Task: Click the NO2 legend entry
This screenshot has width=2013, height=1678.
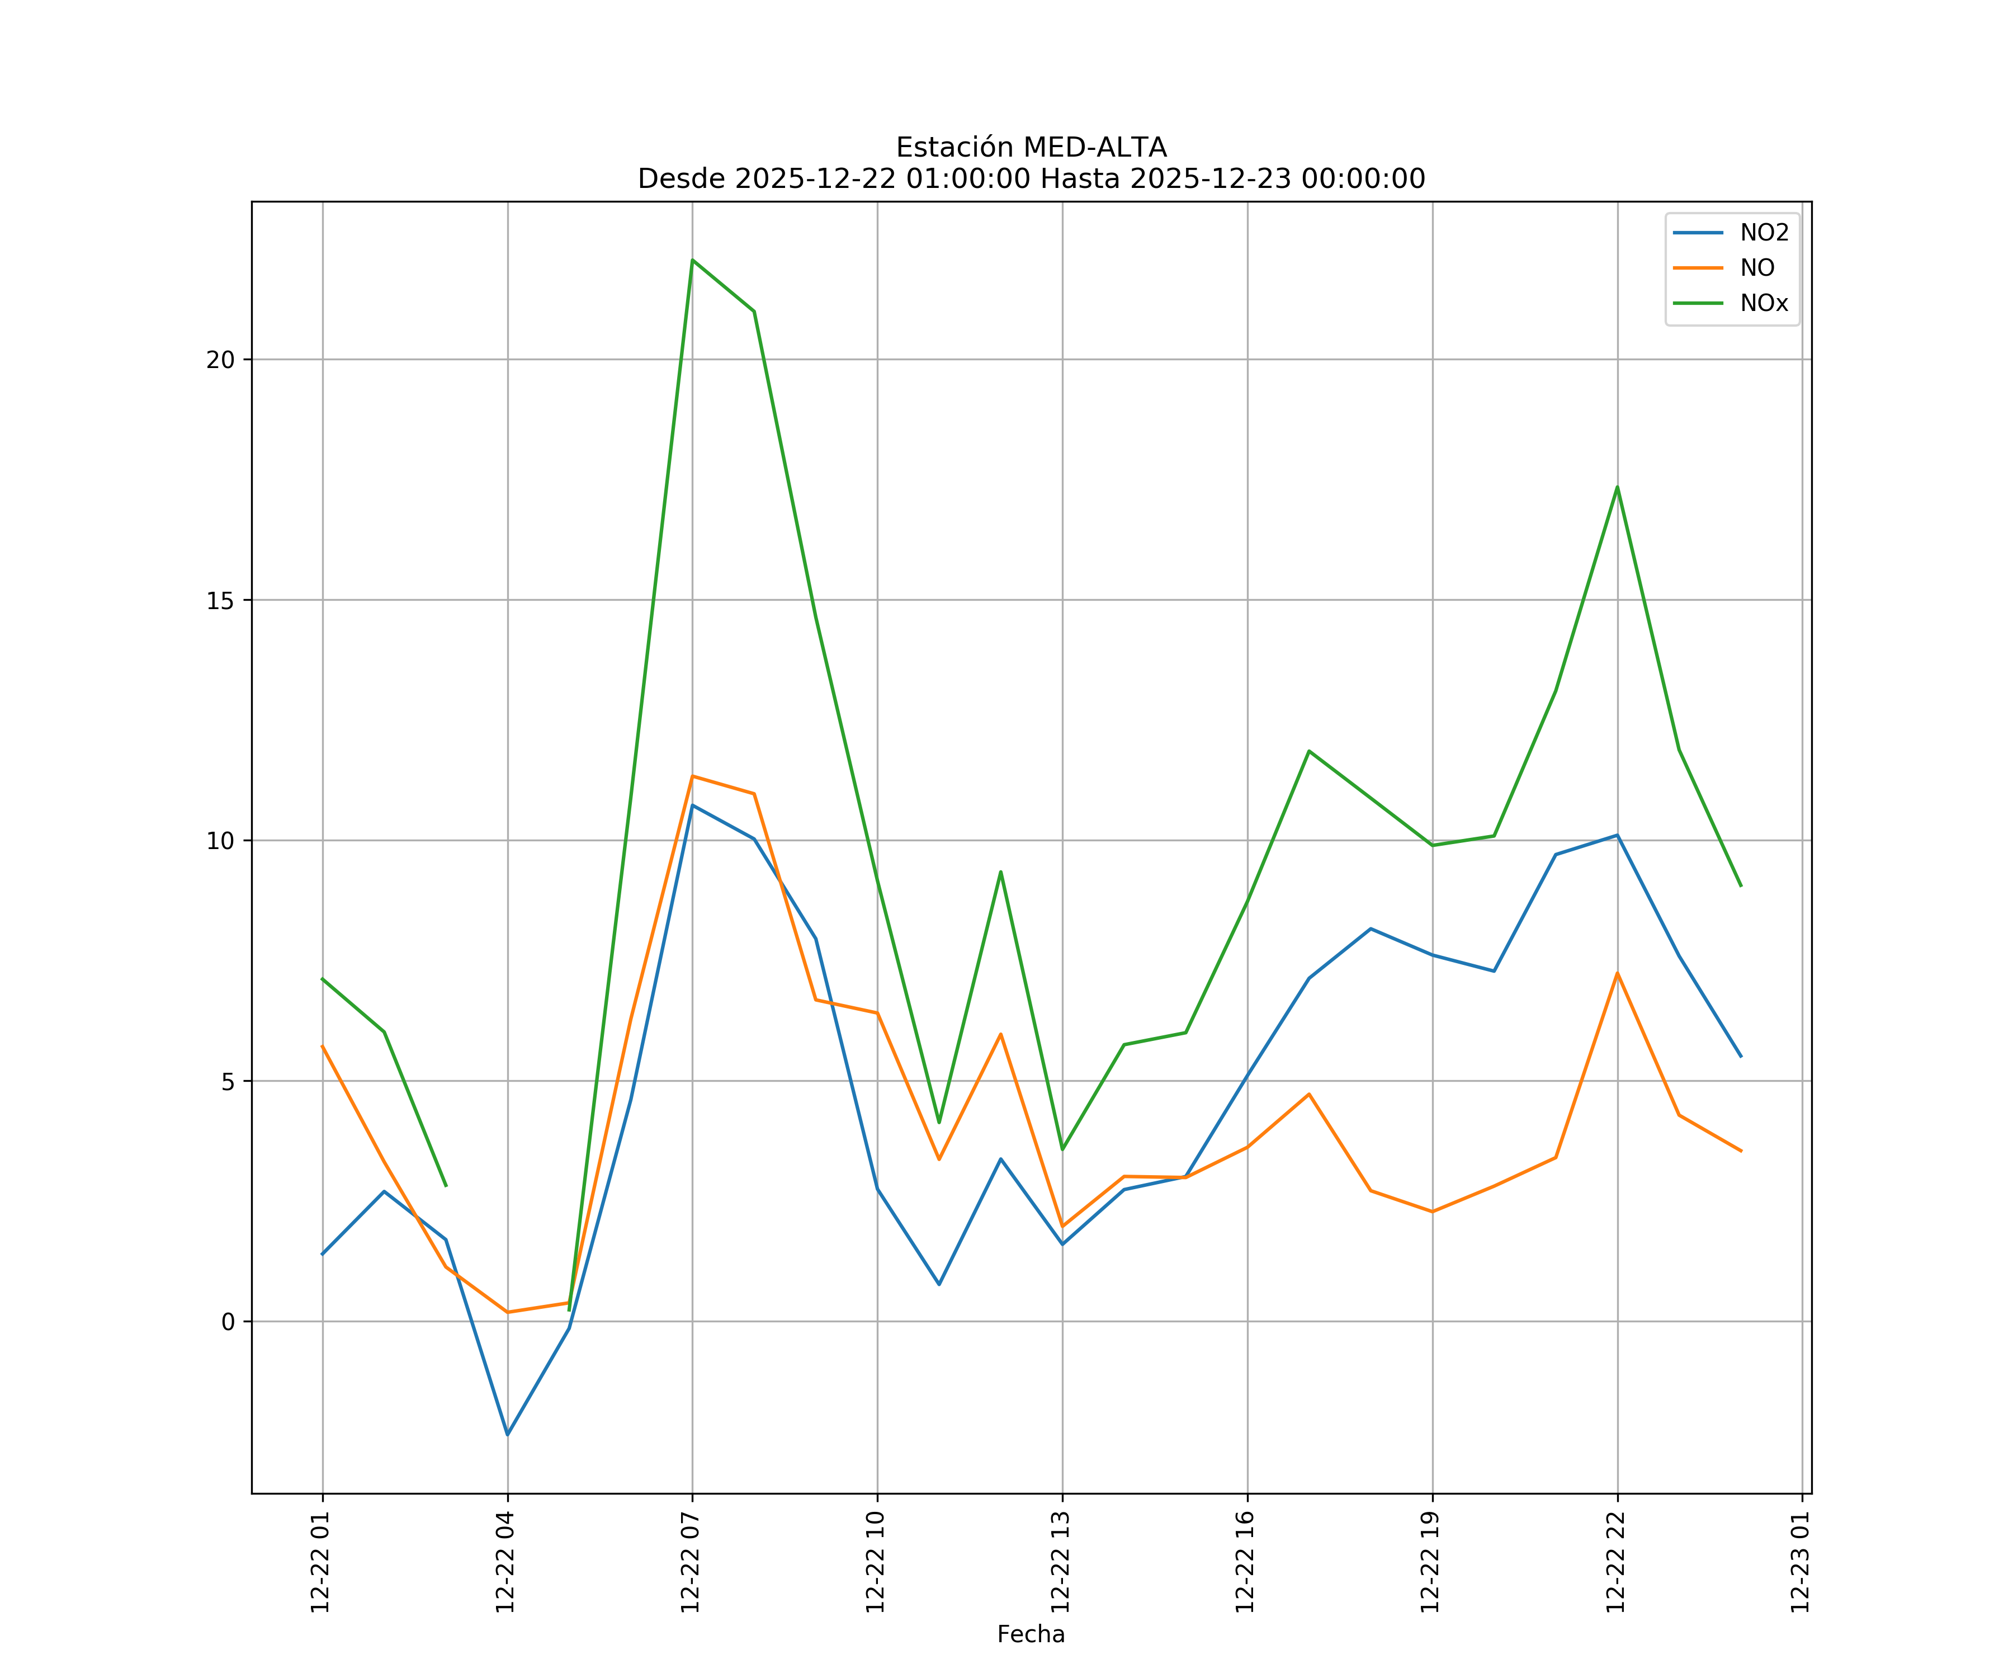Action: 1764,233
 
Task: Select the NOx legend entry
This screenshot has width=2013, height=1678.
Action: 1764,304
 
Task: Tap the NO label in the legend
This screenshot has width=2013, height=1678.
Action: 1757,268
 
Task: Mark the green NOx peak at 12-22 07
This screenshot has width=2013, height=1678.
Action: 692,260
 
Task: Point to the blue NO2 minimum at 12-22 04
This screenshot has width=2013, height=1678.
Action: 508,1435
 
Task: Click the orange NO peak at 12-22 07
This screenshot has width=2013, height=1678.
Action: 692,776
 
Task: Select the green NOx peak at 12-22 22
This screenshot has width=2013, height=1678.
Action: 1617,487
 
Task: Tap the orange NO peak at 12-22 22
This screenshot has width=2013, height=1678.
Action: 1617,973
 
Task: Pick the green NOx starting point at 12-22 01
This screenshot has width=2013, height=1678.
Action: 323,979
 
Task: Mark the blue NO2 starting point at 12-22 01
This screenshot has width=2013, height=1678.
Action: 323,1253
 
